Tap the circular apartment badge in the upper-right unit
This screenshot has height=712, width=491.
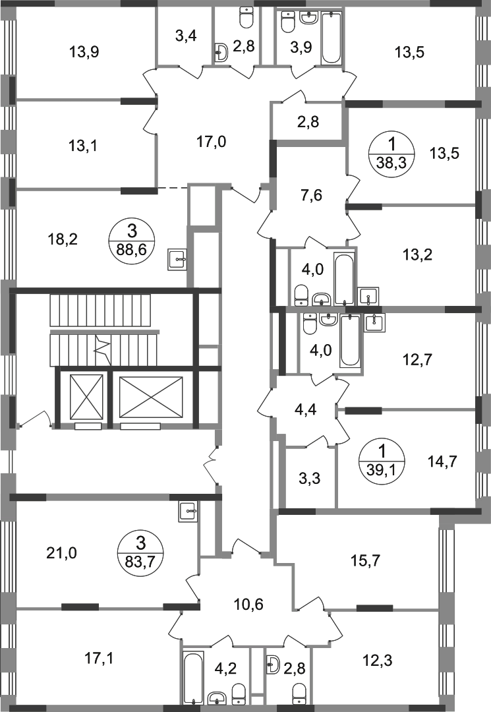pos(393,153)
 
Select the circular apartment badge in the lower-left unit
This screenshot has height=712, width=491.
pos(141,554)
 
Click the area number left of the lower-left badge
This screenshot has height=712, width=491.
pos(61,551)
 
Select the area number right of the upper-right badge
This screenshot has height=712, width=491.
pos(444,153)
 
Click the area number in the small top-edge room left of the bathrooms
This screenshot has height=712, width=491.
pos(187,38)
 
